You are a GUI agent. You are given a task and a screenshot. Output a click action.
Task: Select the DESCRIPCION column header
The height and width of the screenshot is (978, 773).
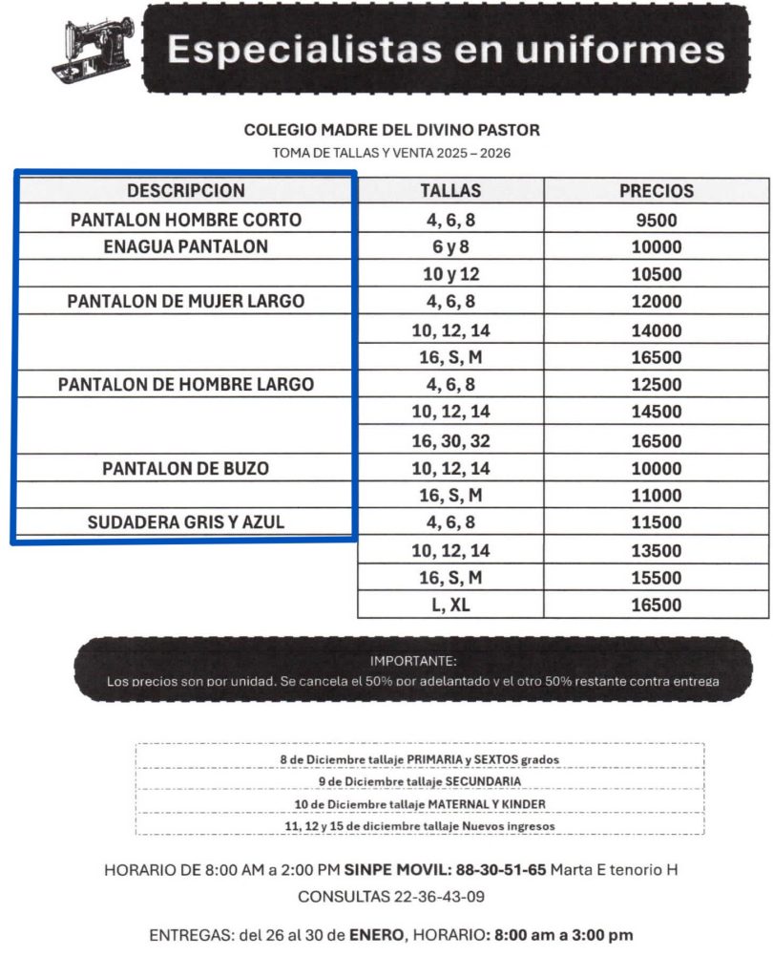[x=186, y=191]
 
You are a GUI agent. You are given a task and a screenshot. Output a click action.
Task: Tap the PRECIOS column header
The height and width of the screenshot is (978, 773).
[x=657, y=191]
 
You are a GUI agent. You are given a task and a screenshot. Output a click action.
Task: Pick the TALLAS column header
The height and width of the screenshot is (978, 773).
[x=450, y=191]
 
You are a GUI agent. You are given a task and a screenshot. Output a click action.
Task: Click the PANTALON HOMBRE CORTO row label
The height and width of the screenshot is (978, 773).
[x=186, y=220]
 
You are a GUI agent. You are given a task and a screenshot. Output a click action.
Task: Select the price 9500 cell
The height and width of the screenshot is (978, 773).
[x=657, y=221]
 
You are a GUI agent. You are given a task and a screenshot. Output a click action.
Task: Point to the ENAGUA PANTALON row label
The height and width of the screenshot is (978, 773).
[x=186, y=246]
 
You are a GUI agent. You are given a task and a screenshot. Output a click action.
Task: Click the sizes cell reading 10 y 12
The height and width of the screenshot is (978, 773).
[x=450, y=275]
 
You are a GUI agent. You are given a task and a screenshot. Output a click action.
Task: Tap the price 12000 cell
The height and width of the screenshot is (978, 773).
[x=657, y=302]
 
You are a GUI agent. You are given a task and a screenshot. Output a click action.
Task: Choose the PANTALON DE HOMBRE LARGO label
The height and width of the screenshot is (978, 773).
[x=186, y=385]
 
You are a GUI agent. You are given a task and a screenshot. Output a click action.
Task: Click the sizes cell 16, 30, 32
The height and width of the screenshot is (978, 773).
[x=450, y=441]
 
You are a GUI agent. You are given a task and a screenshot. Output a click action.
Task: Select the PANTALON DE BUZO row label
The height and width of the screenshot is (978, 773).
[x=186, y=469]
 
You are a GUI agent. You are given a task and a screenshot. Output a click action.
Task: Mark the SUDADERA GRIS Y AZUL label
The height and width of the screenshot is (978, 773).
[x=186, y=522]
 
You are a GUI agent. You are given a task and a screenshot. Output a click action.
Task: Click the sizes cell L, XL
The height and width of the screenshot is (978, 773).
[x=450, y=606]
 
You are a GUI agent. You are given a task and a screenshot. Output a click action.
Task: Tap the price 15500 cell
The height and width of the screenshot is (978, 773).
[x=657, y=578]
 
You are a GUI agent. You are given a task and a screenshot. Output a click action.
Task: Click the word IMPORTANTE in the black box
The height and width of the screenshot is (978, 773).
[x=413, y=661]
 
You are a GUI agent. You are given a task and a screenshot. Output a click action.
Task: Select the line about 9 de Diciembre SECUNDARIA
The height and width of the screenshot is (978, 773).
[x=420, y=781]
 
